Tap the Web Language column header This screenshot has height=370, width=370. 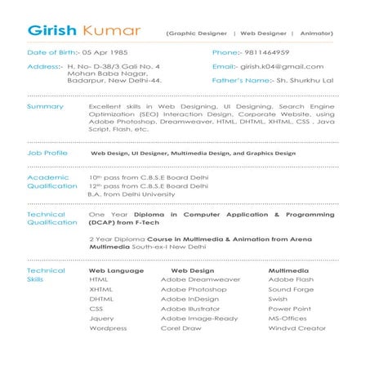[116, 270]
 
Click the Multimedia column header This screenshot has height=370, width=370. [288, 270]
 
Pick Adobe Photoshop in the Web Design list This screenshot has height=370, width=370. [194, 289]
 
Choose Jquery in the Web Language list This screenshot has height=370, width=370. [101, 319]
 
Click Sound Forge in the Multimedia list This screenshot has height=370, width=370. [291, 289]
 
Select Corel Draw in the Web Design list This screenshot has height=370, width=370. [181, 328]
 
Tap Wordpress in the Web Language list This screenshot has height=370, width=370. [108, 328]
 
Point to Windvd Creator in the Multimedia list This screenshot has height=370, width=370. [297, 328]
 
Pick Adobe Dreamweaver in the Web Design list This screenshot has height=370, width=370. [200, 279]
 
